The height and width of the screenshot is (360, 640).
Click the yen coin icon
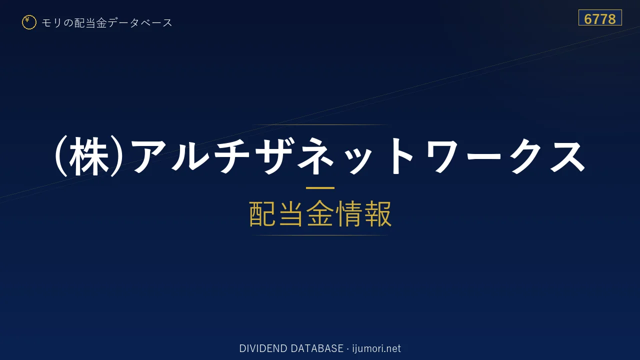point(29,22)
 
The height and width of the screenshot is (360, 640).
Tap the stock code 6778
point(599,19)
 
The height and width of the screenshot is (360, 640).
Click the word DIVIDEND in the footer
point(263,348)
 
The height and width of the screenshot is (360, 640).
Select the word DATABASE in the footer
point(317,348)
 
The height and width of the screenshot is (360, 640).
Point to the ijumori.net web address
point(376,348)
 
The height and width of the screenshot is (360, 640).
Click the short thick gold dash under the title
point(320,188)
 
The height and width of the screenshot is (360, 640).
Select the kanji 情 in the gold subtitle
point(348,213)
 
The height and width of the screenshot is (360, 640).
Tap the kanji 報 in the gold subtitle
point(377,213)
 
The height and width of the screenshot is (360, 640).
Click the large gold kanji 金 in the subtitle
point(320,213)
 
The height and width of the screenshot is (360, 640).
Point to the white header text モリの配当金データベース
point(107,22)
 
